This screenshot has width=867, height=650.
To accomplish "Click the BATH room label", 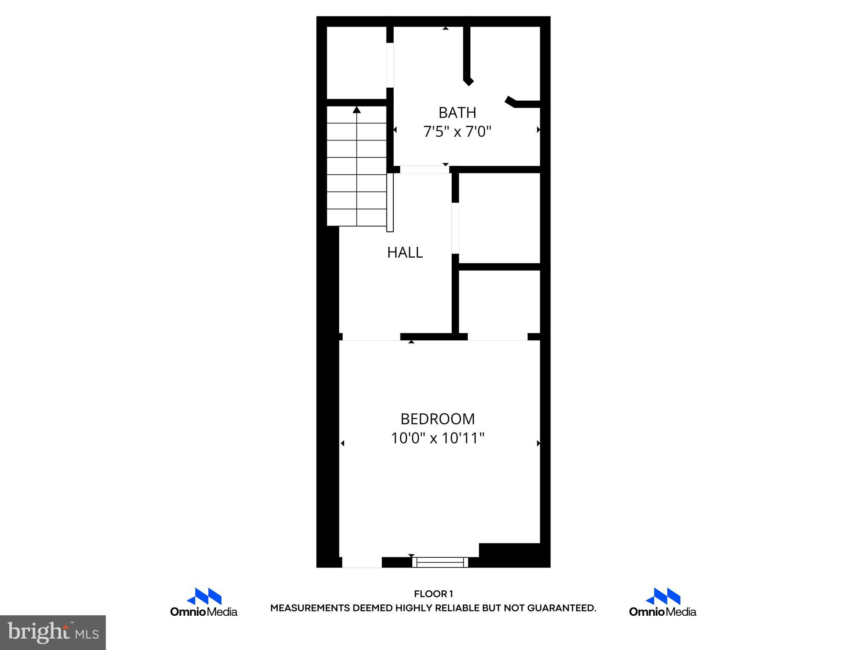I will pos(457,113).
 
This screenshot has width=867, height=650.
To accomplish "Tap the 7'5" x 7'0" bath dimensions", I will pos(457,132).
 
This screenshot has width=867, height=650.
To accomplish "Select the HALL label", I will pos(405,253).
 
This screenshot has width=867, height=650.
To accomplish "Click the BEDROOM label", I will pos(437,419).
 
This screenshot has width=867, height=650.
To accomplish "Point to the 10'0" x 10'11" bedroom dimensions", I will pos(437,438).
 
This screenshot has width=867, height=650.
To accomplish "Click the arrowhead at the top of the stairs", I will pos(357,110).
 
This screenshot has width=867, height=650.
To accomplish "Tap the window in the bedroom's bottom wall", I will pos(440,562).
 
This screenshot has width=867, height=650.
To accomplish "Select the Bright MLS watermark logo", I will pos(53,633).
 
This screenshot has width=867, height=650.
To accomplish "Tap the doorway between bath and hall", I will pos(424,170).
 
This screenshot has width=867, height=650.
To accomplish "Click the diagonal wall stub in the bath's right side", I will pos(511,102).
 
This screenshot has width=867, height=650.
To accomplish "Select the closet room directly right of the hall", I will pos(499,218).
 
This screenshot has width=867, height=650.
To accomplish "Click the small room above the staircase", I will pos(356,63).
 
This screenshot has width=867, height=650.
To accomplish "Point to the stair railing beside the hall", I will pos(390,202).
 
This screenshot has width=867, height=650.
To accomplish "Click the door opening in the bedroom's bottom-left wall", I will pos(362,562).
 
